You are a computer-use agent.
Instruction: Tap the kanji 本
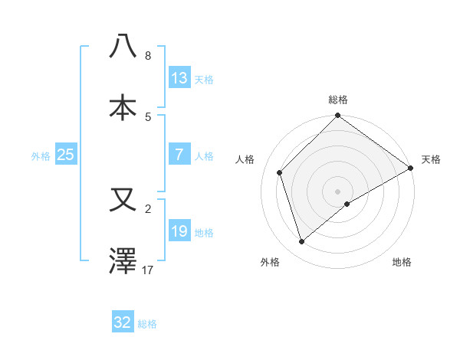(123, 107)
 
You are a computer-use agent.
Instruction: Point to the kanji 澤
(123, 261)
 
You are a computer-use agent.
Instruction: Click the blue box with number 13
(179, 78)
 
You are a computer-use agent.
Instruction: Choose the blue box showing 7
(179, 155)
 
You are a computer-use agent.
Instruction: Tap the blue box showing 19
(179, 231)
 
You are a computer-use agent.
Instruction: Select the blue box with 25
(66, 155)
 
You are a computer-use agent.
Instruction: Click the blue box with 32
(123, 322)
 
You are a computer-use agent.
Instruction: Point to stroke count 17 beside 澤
(148, 270)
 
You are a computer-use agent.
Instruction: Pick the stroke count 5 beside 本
(148, 116)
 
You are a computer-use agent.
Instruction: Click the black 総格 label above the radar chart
(338, 100)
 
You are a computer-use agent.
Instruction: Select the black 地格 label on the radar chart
(402, 262)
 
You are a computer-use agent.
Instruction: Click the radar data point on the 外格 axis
(302, 242)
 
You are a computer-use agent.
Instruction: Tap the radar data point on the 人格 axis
(280, 172)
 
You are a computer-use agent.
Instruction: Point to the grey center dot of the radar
(338, 191)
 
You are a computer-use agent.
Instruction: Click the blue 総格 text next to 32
(147, 324)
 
